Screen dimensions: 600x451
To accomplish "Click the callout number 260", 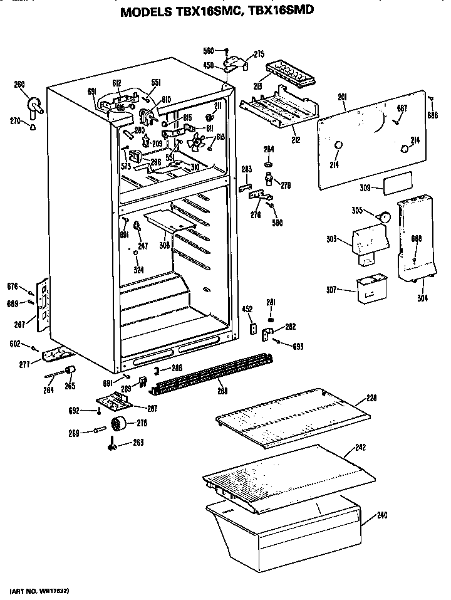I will point(19,85).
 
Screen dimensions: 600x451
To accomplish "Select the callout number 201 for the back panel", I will point(343,97).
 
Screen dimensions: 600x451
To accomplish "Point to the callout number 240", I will point(383,516).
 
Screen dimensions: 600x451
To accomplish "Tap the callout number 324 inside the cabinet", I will point(138,270).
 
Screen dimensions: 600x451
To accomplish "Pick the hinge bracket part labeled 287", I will point(43,307).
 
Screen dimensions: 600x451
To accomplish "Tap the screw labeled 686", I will point(432,98).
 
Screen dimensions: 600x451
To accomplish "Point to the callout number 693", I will point(298,346).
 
